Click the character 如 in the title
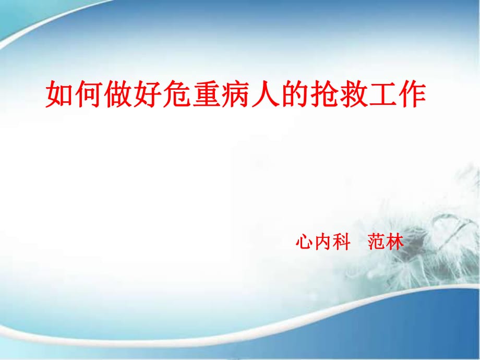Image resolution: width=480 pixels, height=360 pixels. tap(58, 94)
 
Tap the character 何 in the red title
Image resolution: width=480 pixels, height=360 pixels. tap(87, 94)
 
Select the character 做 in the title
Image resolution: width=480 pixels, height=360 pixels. tap(116, 94)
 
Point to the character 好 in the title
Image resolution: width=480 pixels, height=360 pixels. tap(146, 94)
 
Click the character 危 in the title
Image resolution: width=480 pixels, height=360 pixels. tap(175, 94)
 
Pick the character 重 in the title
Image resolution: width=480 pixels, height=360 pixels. tap(204, 94)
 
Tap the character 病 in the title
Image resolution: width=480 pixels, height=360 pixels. tap(233, 94)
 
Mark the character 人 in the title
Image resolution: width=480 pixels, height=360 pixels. tap(262, 94)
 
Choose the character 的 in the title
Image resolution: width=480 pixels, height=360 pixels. tap(292, 94)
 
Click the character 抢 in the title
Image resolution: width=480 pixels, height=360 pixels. tap(321, 94)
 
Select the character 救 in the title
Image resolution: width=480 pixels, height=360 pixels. tap(350, 94)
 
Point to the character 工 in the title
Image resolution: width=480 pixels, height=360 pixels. tap(379, 94)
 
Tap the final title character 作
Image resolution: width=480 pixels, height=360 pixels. tap(410, 94)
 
